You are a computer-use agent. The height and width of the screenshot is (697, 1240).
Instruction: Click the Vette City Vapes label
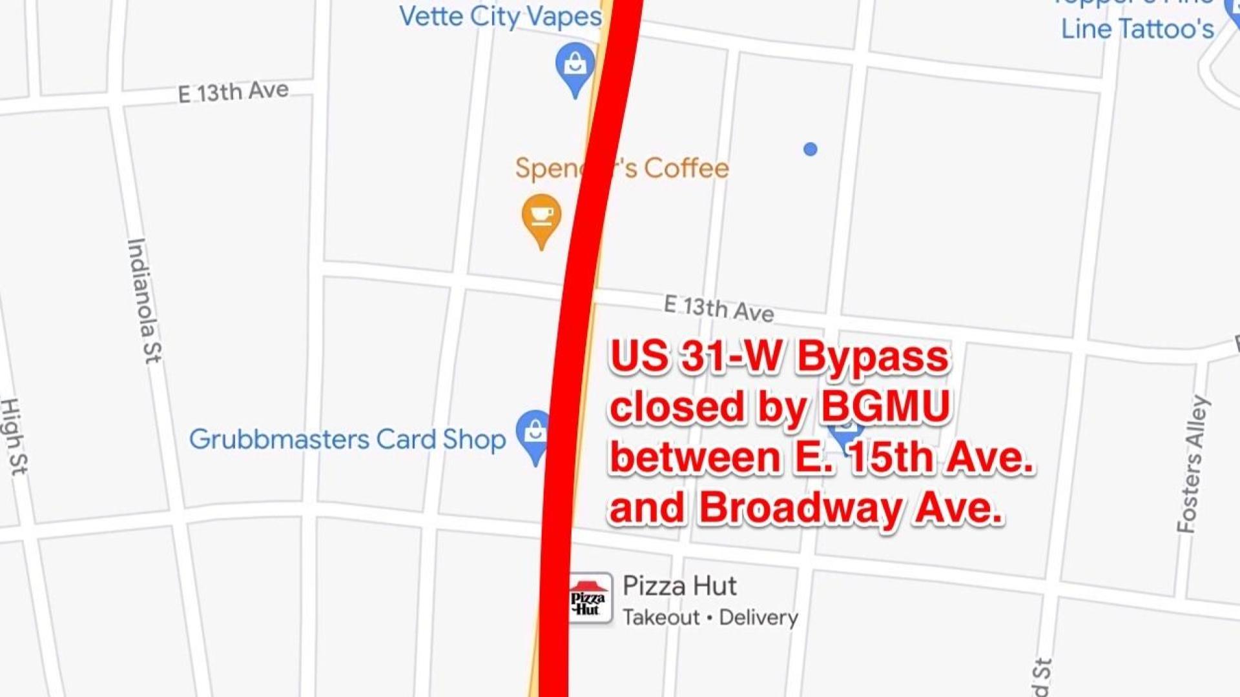tap(500, 17)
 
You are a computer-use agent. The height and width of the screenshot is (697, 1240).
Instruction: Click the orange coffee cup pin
tap(541, 217)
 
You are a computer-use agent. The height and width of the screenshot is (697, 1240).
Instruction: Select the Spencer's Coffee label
tap(621, 168)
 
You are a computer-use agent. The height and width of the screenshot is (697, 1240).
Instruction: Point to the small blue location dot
tap(811, 150)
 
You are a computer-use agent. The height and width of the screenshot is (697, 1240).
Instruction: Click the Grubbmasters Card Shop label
tap(347, 439)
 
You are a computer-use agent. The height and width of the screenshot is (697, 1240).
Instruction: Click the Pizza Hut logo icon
tap(589, 600)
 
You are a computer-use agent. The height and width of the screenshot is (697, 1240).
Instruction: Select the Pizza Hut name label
tap(679, 586)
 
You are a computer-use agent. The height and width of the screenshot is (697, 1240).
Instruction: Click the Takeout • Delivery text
tap(710, 618)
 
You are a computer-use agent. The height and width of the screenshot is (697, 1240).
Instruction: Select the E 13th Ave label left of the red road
tap(233, 92)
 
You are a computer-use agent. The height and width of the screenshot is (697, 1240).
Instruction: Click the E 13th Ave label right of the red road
tap(719, 308)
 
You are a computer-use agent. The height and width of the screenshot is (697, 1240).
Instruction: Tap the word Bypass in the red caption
tap(873, 356)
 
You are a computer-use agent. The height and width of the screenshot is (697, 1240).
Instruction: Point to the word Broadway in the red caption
tap(800, 508)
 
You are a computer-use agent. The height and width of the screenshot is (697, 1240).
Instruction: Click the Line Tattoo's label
tap(1137, 29)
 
